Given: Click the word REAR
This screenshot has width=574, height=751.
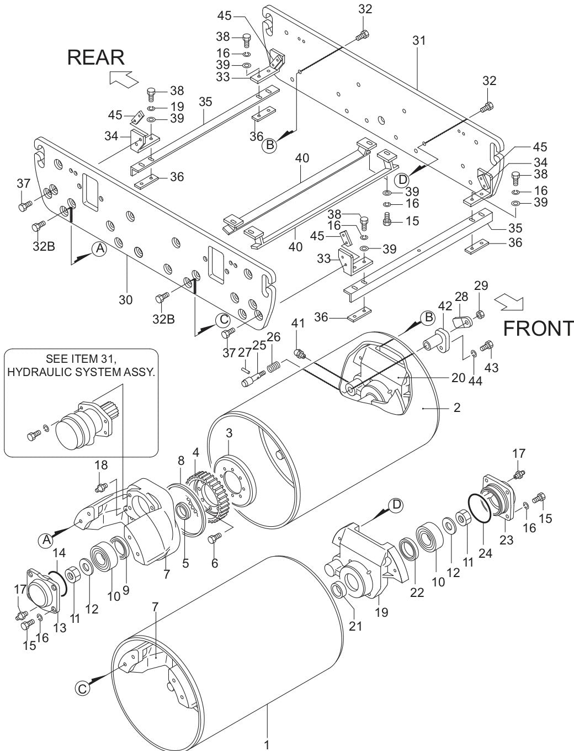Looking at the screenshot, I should pyautogui.click(x=96, y=57).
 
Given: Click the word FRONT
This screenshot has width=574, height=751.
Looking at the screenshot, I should pyautogui.click(x=538, y=328).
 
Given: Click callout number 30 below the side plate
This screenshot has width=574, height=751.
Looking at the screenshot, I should pyautogui.click(x=126, y=300).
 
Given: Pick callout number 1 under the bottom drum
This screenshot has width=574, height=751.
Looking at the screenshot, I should pyautogui.click(x=267, y=743).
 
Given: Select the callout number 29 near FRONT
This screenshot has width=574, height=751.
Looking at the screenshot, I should pyautogui.click(x=481, y=285).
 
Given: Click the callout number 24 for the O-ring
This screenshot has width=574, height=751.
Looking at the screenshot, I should pyautogui.click(x=485, y=552).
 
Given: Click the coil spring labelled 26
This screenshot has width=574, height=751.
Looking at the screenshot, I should pyautogui.click(x=274, y=366).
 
